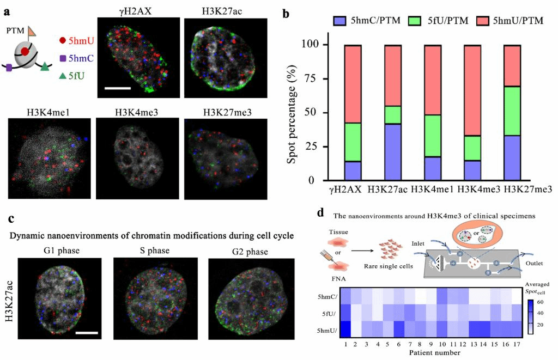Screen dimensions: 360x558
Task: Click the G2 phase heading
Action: [250, 251]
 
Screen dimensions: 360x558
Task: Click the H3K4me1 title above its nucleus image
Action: [44, 113]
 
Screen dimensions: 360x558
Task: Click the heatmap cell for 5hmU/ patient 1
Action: [346, 331]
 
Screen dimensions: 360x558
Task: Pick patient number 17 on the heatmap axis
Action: [517, 345]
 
